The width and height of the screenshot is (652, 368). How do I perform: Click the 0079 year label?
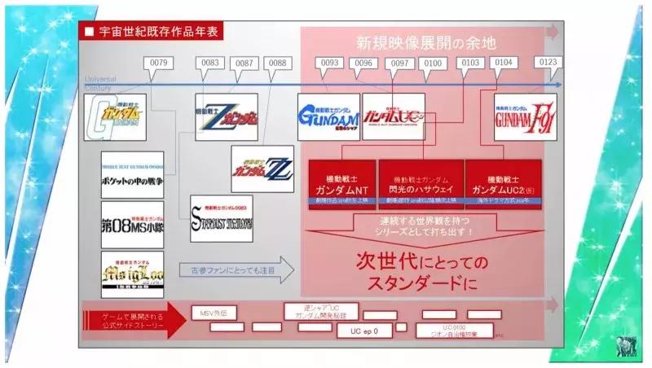160,63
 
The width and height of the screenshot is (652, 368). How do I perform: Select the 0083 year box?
209,63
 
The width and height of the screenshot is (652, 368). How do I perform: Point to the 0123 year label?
547,63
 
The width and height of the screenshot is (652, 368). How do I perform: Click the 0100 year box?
434,63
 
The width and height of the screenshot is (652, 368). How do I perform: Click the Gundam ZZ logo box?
262,169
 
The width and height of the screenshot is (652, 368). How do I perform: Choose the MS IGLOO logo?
132,274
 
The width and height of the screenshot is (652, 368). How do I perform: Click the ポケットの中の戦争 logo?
132,175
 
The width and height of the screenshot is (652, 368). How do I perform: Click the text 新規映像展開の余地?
426,42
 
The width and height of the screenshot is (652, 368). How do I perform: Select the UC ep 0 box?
364,331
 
